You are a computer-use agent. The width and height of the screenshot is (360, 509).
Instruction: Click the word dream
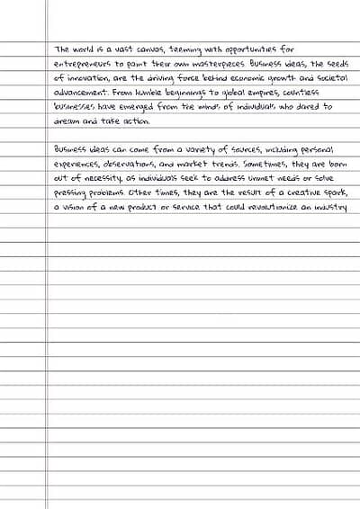[x=67, y=121]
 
